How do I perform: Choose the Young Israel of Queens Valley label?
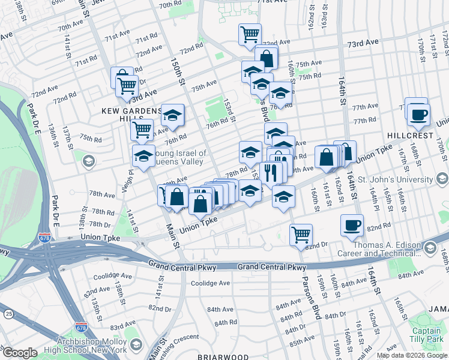coord(181,157)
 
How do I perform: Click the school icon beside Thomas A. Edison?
coord(430,248)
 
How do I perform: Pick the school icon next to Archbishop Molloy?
coord(136,345)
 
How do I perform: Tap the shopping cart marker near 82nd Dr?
coord(301,233)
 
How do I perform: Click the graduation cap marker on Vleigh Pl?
coord(143,156)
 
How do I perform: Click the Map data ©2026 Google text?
coord(411,355)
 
